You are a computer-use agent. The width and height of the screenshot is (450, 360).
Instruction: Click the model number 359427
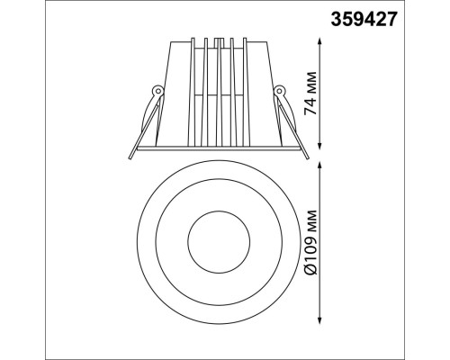[364, 19]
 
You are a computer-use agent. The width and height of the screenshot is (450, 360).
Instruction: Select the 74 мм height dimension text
[310, 93]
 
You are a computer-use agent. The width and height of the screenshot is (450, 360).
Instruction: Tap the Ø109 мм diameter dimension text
[310, 242]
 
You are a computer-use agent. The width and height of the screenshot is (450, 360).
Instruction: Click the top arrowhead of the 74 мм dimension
[319, 41]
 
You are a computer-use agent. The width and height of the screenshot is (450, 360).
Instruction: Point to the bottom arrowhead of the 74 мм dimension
[319, 145]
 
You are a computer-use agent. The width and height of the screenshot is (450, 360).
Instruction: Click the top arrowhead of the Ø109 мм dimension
[319, 166]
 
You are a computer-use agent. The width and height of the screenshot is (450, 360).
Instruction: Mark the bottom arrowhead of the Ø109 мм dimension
[319, 319]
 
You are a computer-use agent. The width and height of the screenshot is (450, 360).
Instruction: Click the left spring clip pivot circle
[157, 90]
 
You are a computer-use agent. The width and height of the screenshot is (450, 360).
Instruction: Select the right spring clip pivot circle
[279, 90]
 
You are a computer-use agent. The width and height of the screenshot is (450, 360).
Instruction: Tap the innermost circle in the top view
[219, 211]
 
